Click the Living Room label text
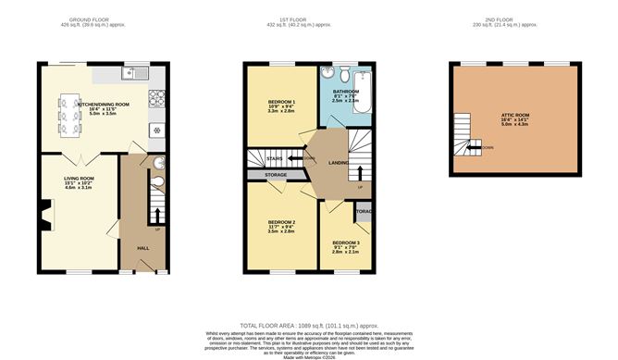pyautogui.click(x=80, y=180)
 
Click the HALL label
pyautogui.click(x=144, y=248)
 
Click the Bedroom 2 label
pyautogui.click(x=280, y=223)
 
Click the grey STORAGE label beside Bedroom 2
pyautogui.click(x=274, y=173)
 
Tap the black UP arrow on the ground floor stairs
pyautogui.click(x=156, y=216)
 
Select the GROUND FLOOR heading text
pyautogui.click(x=100, y=18)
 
